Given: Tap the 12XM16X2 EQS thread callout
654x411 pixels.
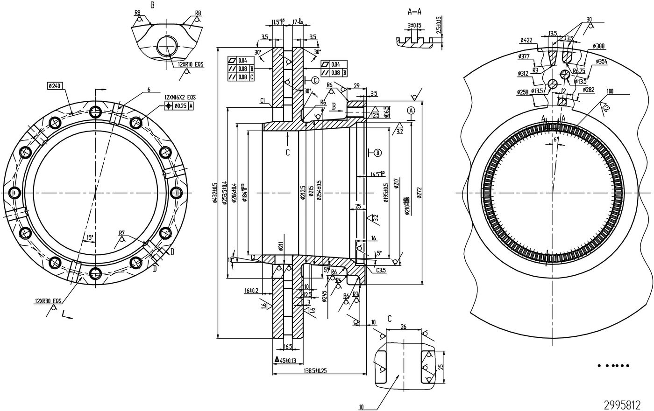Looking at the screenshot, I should coord(180,98).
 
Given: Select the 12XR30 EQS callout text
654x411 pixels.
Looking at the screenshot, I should coord(48,301).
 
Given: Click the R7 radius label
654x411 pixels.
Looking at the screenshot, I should coord(122,233).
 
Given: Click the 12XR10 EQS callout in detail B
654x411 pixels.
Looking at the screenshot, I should coord(191,64).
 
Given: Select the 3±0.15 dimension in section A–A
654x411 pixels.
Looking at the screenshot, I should coord(414,25).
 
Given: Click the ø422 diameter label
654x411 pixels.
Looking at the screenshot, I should coord(526,40).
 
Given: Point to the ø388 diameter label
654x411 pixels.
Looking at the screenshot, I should coord(598,46).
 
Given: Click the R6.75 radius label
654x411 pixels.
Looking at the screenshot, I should coord(579,71).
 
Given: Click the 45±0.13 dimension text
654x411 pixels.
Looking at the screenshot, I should coord(288,360).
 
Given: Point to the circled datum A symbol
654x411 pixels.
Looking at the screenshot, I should coord(411,111).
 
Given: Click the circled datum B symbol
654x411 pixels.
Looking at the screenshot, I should coord(377,152).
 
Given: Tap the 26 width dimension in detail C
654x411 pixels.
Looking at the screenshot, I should coord(404,327).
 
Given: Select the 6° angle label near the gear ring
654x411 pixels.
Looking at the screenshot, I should coord(555,139).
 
